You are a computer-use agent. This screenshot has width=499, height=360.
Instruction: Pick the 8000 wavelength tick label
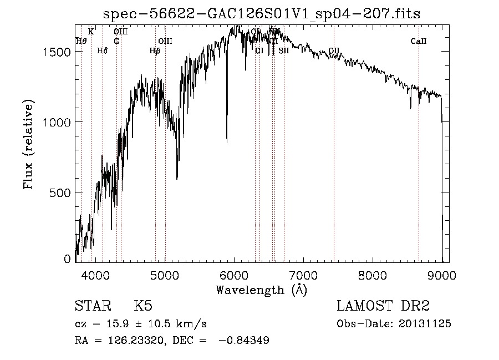[373, 275]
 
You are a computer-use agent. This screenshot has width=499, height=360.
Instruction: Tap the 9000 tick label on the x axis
[442, 275]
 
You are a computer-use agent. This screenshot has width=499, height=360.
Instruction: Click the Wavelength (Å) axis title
[261, 290]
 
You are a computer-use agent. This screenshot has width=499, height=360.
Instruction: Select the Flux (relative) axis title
[28, 144]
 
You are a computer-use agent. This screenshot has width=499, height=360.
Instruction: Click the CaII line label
[418, 41]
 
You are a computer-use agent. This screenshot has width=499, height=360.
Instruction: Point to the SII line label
[283, 50]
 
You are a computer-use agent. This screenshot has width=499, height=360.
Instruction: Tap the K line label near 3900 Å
[91, 32]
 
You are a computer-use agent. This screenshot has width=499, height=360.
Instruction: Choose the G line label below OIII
[116, 41]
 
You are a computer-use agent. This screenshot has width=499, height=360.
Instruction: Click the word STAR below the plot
[92, 306]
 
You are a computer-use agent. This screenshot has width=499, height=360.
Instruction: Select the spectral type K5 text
[143, 306]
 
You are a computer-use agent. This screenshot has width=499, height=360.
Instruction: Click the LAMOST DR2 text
[383, 306]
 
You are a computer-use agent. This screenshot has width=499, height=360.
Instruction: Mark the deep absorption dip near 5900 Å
[226, 139]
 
